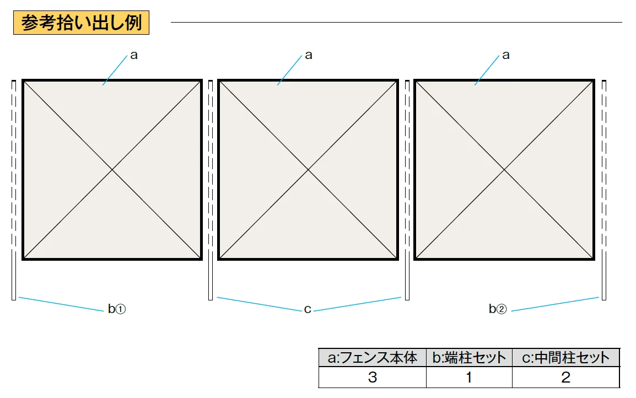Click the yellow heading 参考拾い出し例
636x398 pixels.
click(81, 23)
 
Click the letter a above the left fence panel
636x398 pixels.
click(134, 55)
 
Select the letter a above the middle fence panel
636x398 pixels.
click(309, 55)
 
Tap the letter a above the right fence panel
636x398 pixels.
click(506, 55)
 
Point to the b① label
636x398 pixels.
click(117, 309)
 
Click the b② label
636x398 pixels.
click(498, 309)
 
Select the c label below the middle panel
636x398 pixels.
click(308, 310)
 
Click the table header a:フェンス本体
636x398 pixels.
click(373, 357)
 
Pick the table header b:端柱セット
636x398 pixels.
click(470, 357)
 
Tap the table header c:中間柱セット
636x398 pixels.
click(566, 357)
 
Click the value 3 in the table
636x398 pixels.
click(373, 377)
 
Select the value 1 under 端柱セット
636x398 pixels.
click(470, 377)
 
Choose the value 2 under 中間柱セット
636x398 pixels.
click(566, 377)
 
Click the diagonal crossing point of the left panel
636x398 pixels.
click(112, 170)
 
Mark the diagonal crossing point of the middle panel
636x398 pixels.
click(308, 170)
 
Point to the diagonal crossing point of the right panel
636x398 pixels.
click(504, 170)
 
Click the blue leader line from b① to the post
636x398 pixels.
click(61, 304)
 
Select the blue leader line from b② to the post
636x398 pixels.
click(556, 304)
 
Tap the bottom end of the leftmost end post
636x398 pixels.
click(14, 300)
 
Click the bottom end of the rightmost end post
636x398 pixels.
click(604, 300)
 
